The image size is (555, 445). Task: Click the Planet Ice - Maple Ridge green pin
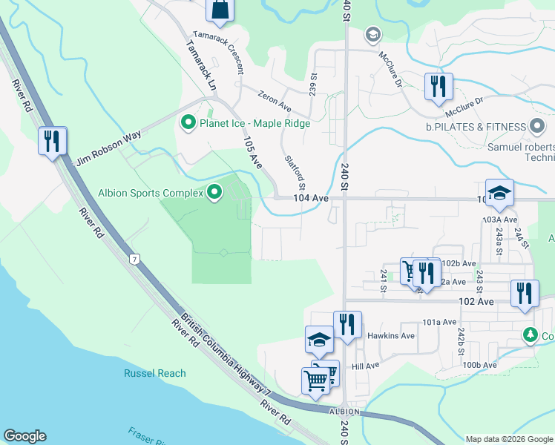point(188,122)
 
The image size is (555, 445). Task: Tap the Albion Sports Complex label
point(151,194)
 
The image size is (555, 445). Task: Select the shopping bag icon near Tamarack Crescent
point(220,9)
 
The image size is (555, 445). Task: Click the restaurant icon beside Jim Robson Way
point(53,140)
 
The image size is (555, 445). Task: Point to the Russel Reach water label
point(155,373)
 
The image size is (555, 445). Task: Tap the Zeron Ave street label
point(275,96)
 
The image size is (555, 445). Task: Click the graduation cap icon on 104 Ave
point(499,193)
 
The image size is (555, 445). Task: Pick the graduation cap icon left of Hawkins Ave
point(320,340)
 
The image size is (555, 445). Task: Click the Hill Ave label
point(366,366)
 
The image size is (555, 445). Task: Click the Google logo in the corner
point(24,436)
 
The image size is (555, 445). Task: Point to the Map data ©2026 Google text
point(509,439)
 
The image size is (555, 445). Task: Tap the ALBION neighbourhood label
point(345,412)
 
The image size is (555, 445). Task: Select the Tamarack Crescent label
point(219,52)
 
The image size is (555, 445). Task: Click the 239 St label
point(313,82)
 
